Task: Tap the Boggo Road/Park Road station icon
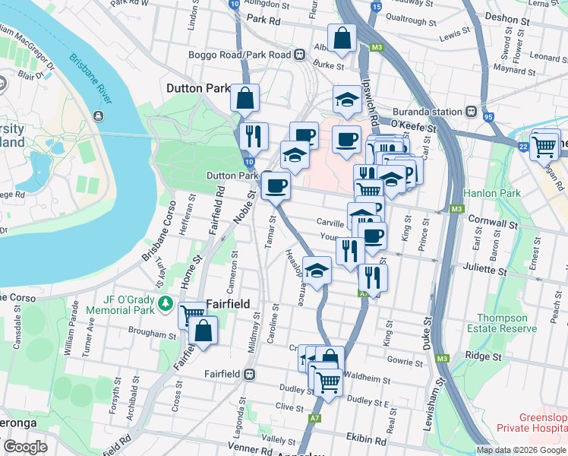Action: [301, 55]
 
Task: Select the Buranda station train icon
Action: [472, 112]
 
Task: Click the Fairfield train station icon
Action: [248, 374]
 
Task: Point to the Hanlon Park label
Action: [493, 193]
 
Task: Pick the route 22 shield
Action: [522, 147]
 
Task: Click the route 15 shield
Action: [375, 7]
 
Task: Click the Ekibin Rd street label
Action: [367, 440]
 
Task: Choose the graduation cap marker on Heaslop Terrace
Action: [316, 268]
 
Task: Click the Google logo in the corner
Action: [26, 447]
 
